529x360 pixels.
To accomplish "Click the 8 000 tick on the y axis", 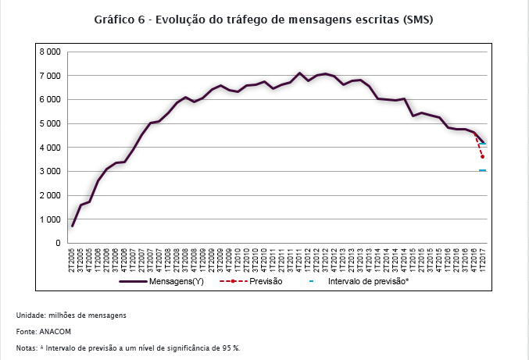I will coord(49,52).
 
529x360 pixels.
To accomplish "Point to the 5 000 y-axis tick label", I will coord(49,123).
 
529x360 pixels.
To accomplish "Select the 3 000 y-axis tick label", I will coord(49,171).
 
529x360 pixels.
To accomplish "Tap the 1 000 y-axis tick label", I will coord(49,219).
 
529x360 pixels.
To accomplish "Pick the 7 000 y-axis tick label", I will coord(49,76).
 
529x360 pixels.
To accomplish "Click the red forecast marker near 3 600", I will coord(483,157).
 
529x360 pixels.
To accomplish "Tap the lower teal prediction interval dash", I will coord(483,170).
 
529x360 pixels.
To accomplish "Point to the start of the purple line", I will coord(73,226).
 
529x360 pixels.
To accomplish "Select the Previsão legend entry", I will coord(265,280).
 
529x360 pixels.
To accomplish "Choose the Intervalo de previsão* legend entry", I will coord(368,280).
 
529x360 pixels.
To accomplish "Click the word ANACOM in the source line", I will coord(49,331).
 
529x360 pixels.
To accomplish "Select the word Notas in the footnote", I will coord(26,348).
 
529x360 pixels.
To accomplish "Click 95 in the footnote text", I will coord(225,348).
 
